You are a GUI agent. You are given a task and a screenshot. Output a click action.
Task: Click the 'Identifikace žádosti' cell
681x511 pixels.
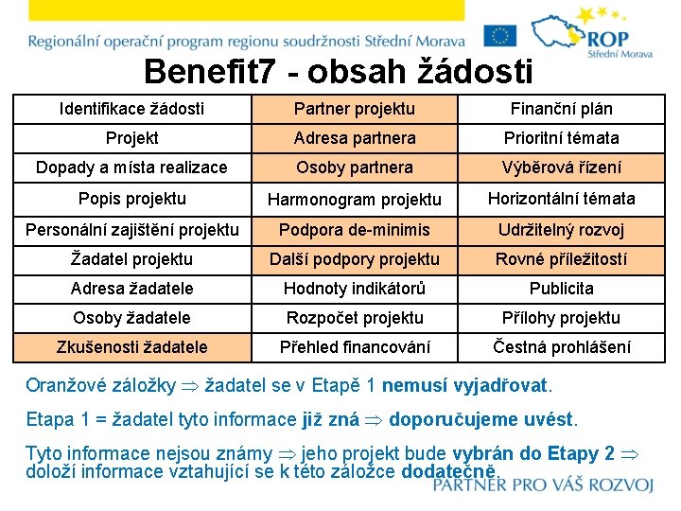point(131,109)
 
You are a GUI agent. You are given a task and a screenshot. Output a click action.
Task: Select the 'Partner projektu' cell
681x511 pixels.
point(355,109)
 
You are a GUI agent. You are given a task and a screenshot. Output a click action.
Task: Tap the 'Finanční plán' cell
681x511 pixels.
point(561,109)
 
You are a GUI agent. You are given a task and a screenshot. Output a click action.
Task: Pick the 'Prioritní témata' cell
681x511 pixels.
point(561,138)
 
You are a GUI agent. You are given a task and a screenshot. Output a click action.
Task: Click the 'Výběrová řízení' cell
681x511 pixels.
point(561,167)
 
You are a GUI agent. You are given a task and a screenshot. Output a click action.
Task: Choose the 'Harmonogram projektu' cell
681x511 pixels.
point(355,200)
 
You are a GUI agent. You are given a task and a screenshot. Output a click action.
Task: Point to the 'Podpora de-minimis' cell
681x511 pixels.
point(355,230)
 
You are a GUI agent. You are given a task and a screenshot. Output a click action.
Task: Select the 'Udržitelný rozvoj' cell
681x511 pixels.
point(561,230)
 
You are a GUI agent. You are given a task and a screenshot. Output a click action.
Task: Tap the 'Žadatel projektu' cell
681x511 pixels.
point(131,259)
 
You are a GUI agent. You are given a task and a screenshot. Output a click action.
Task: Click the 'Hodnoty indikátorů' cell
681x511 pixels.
point(355,289)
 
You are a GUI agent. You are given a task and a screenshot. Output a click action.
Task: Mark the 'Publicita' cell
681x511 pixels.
point(561,289)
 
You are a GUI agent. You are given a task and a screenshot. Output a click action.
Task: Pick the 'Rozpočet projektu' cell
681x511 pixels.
point(355,318)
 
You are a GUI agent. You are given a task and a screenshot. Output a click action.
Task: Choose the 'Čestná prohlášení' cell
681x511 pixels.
point(561,347)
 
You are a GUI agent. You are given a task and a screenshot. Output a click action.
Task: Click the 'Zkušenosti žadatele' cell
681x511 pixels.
point(131,347)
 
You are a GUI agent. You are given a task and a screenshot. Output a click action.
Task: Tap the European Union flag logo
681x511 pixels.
point(500,36)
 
